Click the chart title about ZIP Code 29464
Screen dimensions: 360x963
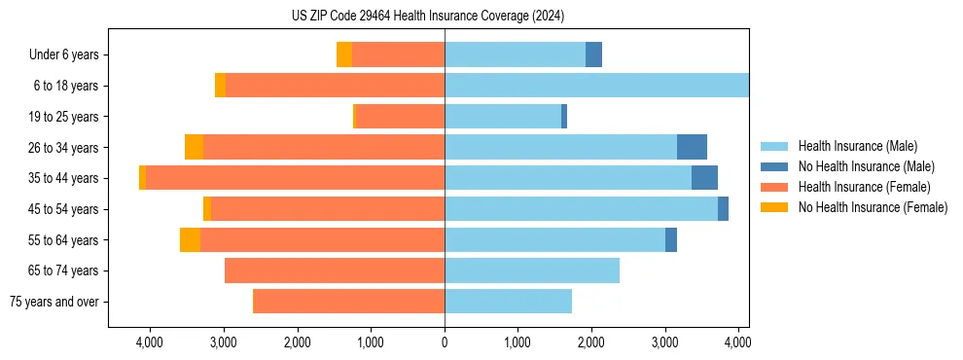pyautogui.click(x=428, y=17)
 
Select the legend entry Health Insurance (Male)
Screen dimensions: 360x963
pyautogui.click(x=856, y=146)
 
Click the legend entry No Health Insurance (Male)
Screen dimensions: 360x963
pyautogui.click(x=865, y=166)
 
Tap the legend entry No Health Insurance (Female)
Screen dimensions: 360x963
pyautogui.click(x=872, y=207)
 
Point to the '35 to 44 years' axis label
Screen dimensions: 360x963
pyautogui.click(x=62, y=178)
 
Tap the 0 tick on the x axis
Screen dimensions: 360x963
pyautogui.click(x=445, y=342)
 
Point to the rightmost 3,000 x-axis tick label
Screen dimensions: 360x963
pyautogui.click(x=664, y=342)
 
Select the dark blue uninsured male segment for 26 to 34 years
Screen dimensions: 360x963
pyautogui.click(x=692, y=147)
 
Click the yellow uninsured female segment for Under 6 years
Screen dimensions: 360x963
pyautogui.click(x=344, y=54)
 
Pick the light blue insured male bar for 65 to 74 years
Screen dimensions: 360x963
pyautogui.click(x=532, y=270)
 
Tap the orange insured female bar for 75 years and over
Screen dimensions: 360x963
pyautogui.click(x=348, y=302)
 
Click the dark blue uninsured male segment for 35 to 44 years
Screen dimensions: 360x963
pyautogui.click(x=704, y=178)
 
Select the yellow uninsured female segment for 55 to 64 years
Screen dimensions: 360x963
pyautogui.click(x=190, y=239)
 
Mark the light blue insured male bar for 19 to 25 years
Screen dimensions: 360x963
pyautogui.click(x=503, y=117)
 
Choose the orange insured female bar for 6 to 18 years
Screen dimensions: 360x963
pyautogui.click(x=335, y=86)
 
